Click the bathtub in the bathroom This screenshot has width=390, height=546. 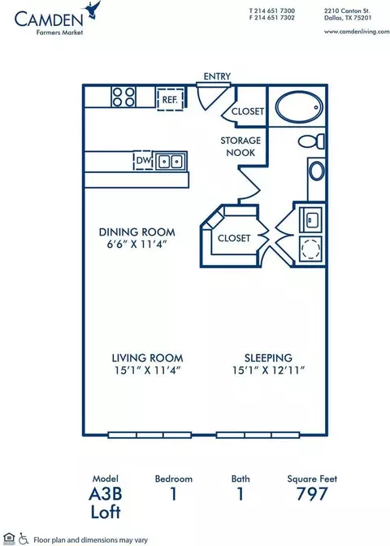coord(299,107)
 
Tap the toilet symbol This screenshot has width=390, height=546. coord(311,141)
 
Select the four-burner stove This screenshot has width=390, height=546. coord(123,97)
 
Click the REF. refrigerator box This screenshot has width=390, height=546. coord(170,100)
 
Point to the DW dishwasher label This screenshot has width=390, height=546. coord(143,161)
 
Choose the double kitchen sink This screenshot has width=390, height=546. coord(171,161)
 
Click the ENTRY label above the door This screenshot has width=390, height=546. coord(217,76)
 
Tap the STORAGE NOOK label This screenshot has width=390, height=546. coord(240,146)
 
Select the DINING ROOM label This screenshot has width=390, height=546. coord(136,232)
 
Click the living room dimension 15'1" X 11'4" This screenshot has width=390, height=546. coord(147,370)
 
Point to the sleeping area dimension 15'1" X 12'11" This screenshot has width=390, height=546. coord(268,370)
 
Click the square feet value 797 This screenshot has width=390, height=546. coord(312,494)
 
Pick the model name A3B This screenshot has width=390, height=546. coord(106,494)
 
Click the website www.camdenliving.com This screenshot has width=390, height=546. coord(357,32)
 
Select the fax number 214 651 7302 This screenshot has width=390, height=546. coord(275,18)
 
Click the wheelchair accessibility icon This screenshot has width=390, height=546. coord(24,539)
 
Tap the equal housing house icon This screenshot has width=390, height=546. coord(9,539)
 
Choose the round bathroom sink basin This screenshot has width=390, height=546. coord(317,171)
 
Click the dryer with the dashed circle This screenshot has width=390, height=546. coord(311,249)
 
